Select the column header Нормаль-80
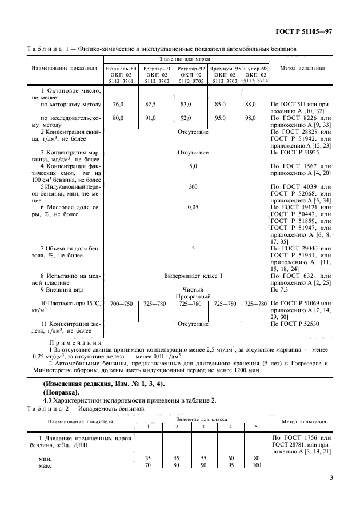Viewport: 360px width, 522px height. tap(121, 68)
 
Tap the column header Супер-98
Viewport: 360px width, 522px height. tap(255, 68)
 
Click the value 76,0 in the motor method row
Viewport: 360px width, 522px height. tap(118, 105)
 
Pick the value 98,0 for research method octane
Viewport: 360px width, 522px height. tap(250, 118)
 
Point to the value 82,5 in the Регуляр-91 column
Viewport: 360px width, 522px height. tap(150, 105)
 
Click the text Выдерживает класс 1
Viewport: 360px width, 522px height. tap(193, 276)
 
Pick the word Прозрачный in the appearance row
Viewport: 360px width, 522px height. tap(193, 296)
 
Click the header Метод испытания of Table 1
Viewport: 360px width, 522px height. tap(303, 68)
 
